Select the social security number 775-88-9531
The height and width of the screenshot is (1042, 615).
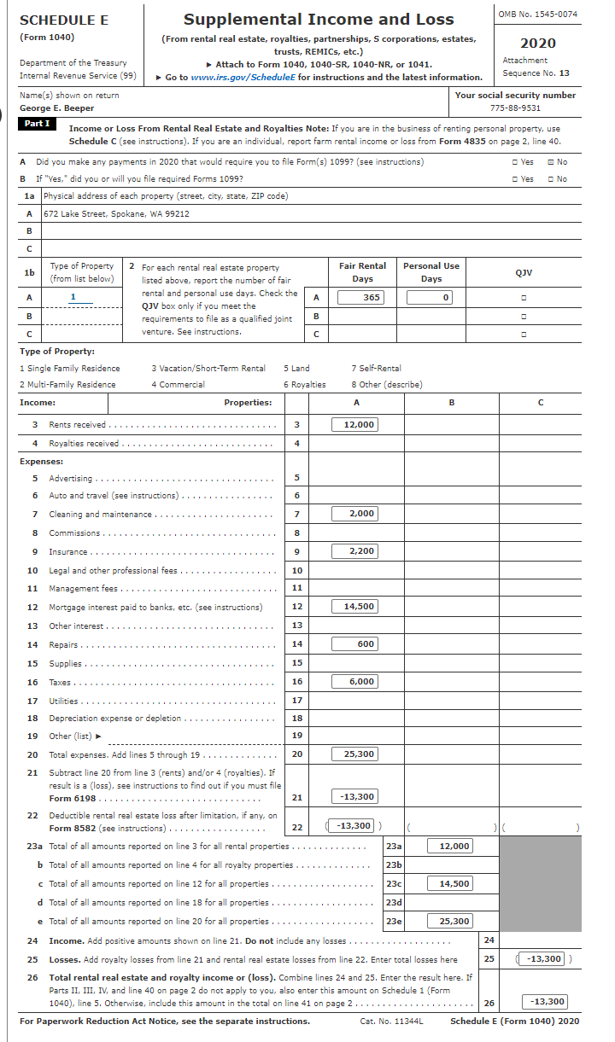(x=515, y=108)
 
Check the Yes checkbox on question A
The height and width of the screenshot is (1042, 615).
(x=512, y=162)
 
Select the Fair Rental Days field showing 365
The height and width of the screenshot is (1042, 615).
(x=361, y=297)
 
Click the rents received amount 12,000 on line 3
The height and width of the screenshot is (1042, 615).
(x=354, y=424)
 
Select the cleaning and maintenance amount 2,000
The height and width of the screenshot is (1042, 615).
(x=354, y=514)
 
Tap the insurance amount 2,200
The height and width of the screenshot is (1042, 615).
(x=354, y=551)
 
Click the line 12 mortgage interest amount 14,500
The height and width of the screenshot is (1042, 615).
(x=354, y=607)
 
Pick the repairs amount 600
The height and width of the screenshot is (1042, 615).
(x=354, y=644)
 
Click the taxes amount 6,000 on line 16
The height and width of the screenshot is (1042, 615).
(x=354, y=682)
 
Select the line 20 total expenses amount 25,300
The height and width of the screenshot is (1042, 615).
(x=354, y=754)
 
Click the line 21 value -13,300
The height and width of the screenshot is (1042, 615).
(x=354, y=796)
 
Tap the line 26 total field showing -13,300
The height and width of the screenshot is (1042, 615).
(x=543, y=1002)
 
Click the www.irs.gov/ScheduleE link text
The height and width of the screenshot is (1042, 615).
(x=243, y=77)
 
